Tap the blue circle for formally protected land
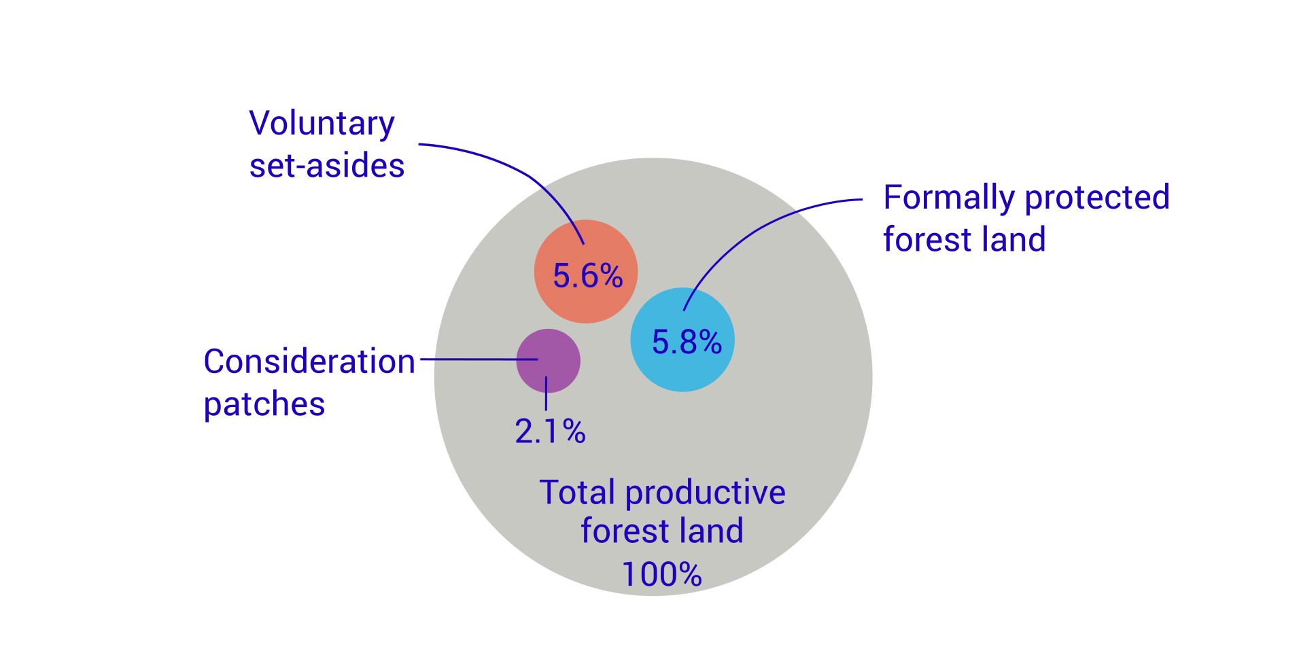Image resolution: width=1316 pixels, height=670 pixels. (x=682, y=370)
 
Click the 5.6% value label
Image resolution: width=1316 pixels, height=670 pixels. (x=587, y=276)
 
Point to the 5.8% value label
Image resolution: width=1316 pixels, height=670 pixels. (x=687, y=342)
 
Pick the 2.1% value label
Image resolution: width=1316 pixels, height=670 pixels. (x=550, y=431)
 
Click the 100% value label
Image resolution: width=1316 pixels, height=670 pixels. (x=661, y=575)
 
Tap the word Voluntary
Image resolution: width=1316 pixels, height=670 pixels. (x=322, y=124)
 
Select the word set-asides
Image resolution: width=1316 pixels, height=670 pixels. (x=327, y=166)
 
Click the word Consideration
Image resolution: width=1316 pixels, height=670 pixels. (x=309, y=362)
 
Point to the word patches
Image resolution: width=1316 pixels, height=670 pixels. (x=264, y=404)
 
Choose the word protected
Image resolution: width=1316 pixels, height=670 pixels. (x=1096, y=198)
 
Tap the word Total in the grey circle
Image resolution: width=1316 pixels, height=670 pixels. (x=577, y=492)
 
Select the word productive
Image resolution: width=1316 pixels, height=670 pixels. (x=705, y=493)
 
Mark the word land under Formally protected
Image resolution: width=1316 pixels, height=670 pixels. (x=1013, y=240)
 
